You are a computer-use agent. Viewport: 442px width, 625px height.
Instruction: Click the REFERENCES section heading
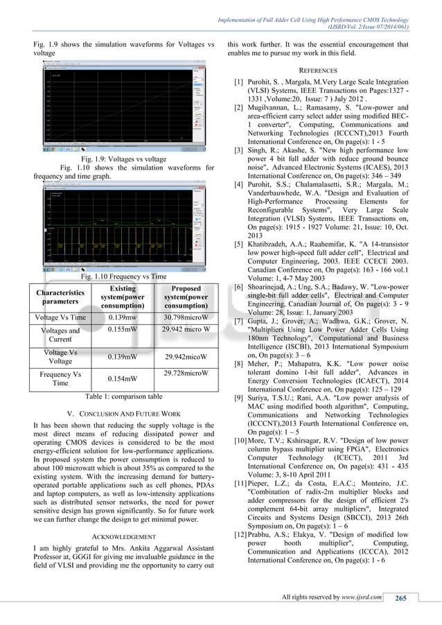(x=327, y=71)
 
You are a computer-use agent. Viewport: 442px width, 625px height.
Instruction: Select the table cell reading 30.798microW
(x=182, y=317)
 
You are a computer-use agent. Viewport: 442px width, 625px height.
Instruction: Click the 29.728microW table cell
(x=182, y=373)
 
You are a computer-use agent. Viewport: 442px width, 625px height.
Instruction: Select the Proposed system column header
(x=182, y=297)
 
